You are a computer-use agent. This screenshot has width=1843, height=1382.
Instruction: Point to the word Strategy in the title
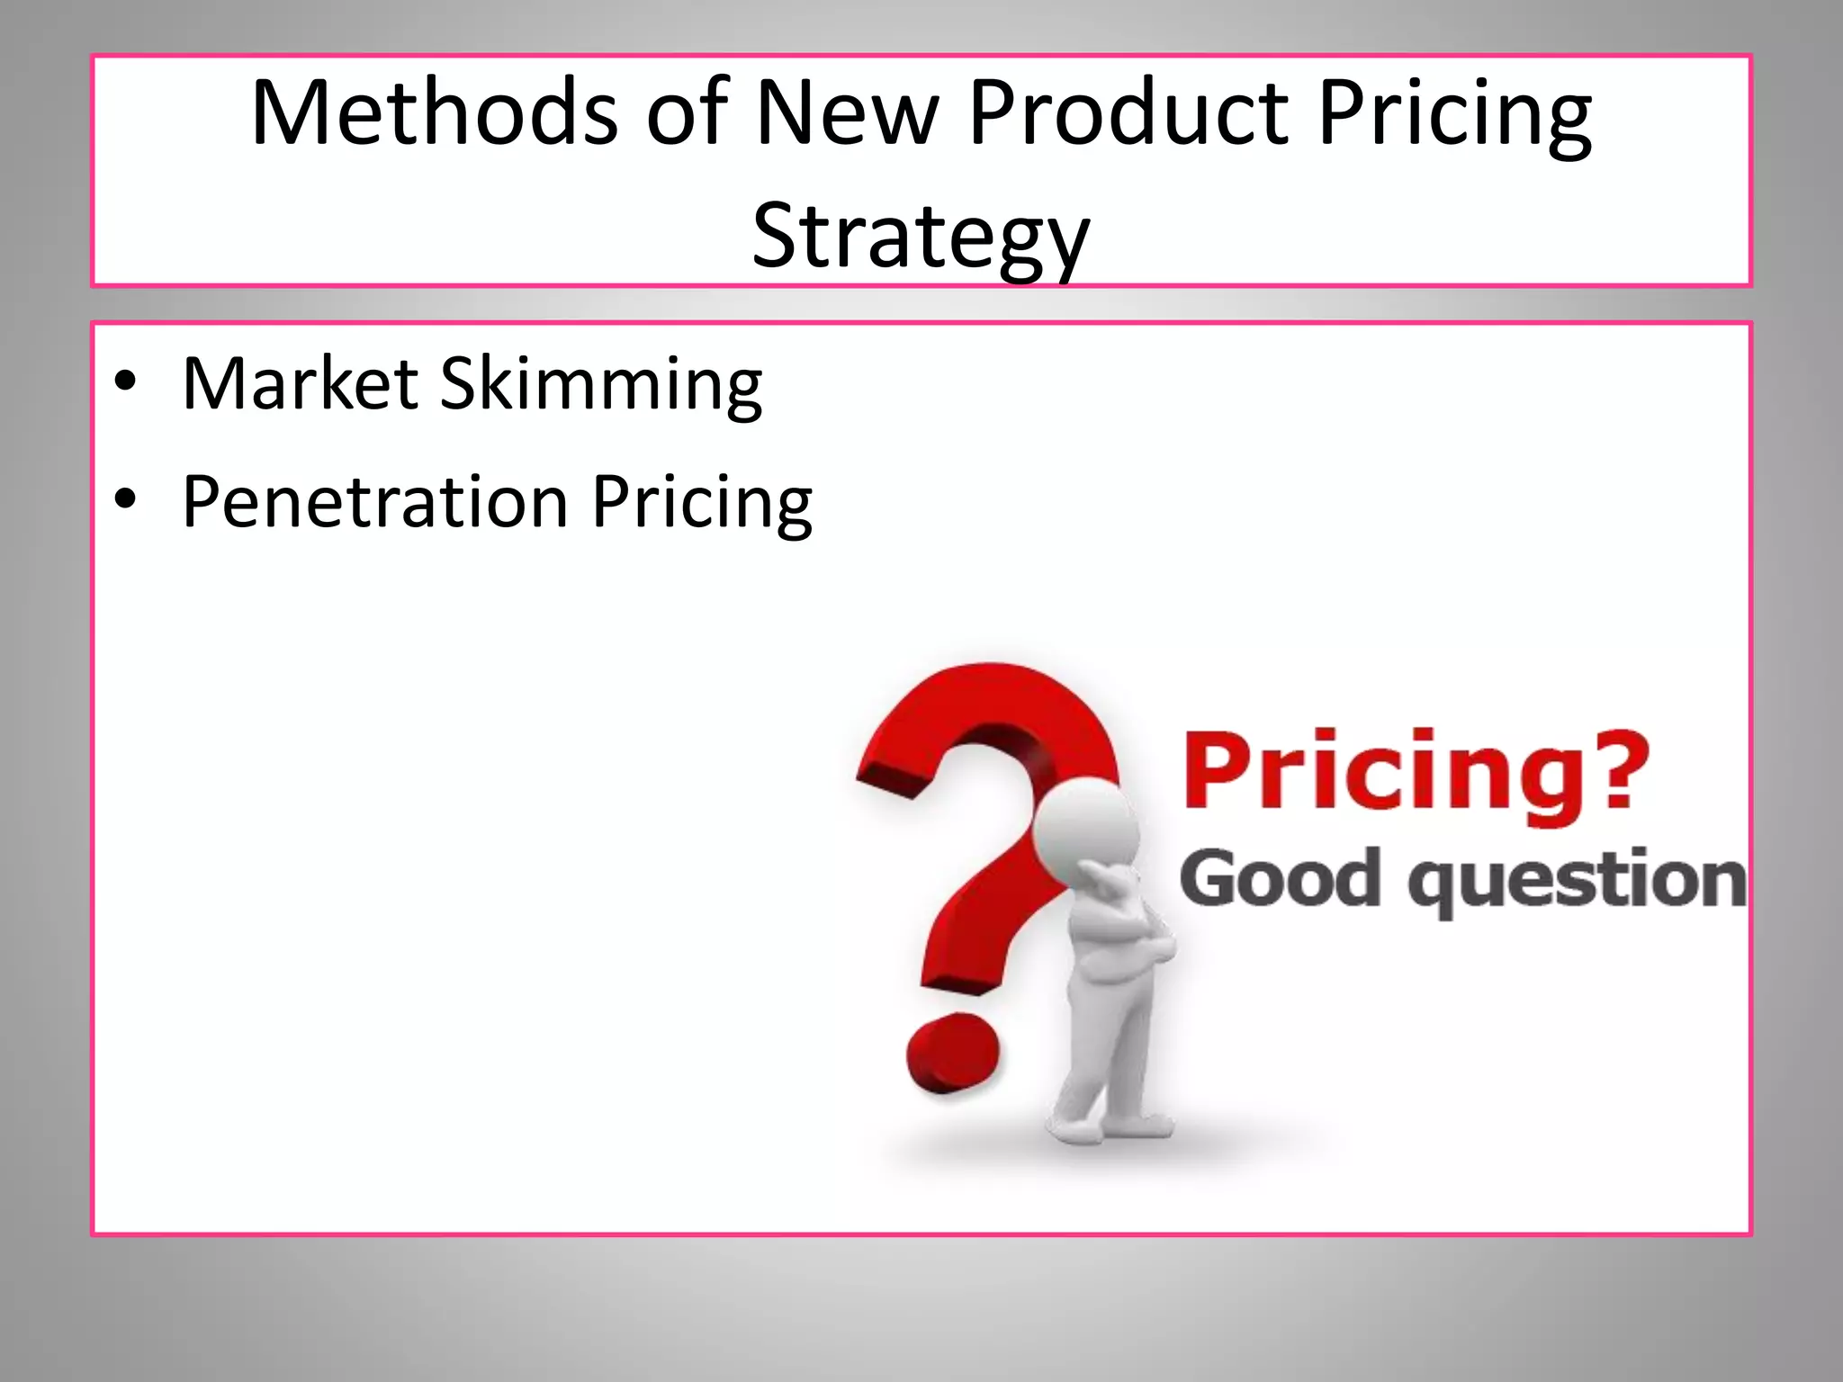[921, 236]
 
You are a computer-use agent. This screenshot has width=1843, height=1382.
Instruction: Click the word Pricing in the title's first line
[1454, 115]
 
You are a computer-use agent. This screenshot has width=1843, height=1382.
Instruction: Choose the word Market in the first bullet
[300, 384]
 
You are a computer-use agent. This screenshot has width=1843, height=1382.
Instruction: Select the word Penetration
[374, 501]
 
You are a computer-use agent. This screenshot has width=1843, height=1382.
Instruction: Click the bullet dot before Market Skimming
[125, 381]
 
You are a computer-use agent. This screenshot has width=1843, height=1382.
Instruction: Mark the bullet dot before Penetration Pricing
[125, 498]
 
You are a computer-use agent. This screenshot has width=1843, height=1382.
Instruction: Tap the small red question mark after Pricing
[1616, 769]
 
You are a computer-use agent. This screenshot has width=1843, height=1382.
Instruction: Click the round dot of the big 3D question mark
[952, 1053]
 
